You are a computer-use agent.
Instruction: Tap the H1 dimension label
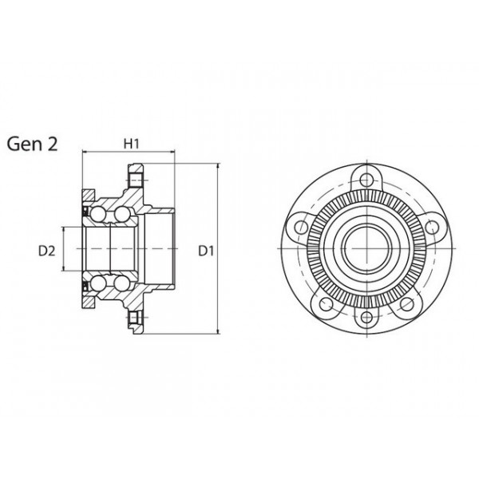click(x=132, y=144)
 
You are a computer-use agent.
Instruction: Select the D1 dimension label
click(x=207, y=251)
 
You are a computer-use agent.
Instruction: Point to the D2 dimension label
click(x=46, y=251)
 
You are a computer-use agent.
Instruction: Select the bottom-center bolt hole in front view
click(x=367, y=319)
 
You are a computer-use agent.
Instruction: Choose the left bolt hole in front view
click(x=300, y=228)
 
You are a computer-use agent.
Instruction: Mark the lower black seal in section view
click(x=85, y=286)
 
